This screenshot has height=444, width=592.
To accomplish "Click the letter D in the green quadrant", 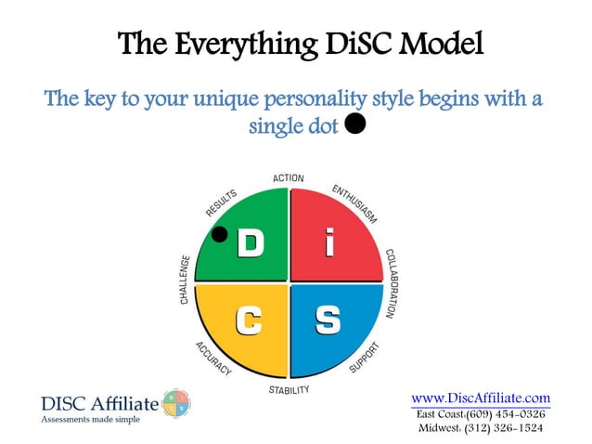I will tap(250, 243).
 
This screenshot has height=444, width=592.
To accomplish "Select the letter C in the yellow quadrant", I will tap(249, 320).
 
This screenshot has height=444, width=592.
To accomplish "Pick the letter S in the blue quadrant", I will tap(328, 320).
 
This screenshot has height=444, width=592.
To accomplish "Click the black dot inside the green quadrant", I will tap(220, 234).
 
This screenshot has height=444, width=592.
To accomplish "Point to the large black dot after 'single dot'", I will tap(354, 124).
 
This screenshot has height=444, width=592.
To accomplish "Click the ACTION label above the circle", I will tap(289, 178).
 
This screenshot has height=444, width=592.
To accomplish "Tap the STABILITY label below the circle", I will tap(289, 389).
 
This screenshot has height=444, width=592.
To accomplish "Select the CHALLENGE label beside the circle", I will tap(185, 280).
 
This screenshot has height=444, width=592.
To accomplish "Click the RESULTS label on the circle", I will tap(221, 203).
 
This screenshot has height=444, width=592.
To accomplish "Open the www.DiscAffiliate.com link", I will tap(481, 398).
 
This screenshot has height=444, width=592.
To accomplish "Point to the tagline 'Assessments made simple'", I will tap(91, 420).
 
